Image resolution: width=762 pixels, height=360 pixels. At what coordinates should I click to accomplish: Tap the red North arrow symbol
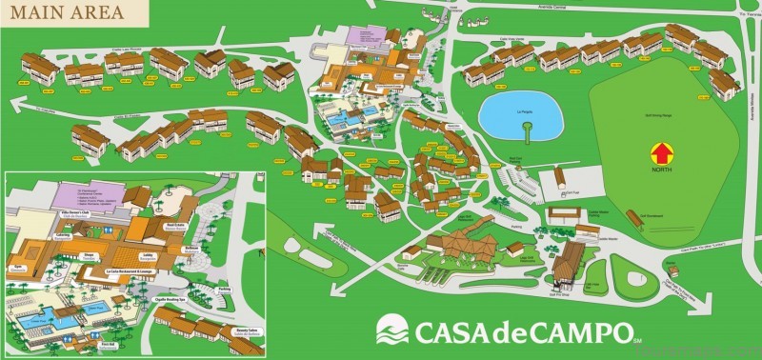click(659, 151)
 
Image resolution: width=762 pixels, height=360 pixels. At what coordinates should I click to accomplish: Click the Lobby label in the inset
click(150, 254)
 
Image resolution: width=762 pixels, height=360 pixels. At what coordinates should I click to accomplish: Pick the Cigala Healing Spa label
click(170, 299)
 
